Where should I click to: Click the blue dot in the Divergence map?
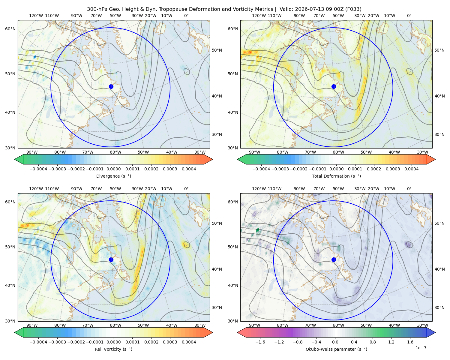(x=111, y=86)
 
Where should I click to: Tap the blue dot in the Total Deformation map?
(x=334, y=86)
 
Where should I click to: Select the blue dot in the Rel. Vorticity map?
(x=111, y=259)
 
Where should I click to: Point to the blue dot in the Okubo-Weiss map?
(x=334, y=259)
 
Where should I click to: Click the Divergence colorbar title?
(x=113, y=176)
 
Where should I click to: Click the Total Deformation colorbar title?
(x=336, y=176)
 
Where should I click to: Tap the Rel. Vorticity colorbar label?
(x=113, y=349)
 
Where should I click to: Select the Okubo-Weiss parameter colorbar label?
(x=336, y=349)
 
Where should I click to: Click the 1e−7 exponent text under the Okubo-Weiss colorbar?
(x=421, y=348)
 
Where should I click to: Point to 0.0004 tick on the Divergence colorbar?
(x=189, y=169)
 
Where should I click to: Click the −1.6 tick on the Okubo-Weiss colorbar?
(x=260, y=342)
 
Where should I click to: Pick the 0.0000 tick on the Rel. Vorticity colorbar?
(x=113, y=342)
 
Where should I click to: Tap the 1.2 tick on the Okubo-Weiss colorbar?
(x=391, y=342)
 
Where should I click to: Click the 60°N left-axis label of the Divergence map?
(x=10, y=29)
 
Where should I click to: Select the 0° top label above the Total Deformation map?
(x=409, y=16)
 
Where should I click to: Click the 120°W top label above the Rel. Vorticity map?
(x=36, y=188)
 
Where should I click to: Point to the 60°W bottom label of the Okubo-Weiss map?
(x=338, y=325)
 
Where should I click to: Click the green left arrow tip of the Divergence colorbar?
(x=15, y=159)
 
